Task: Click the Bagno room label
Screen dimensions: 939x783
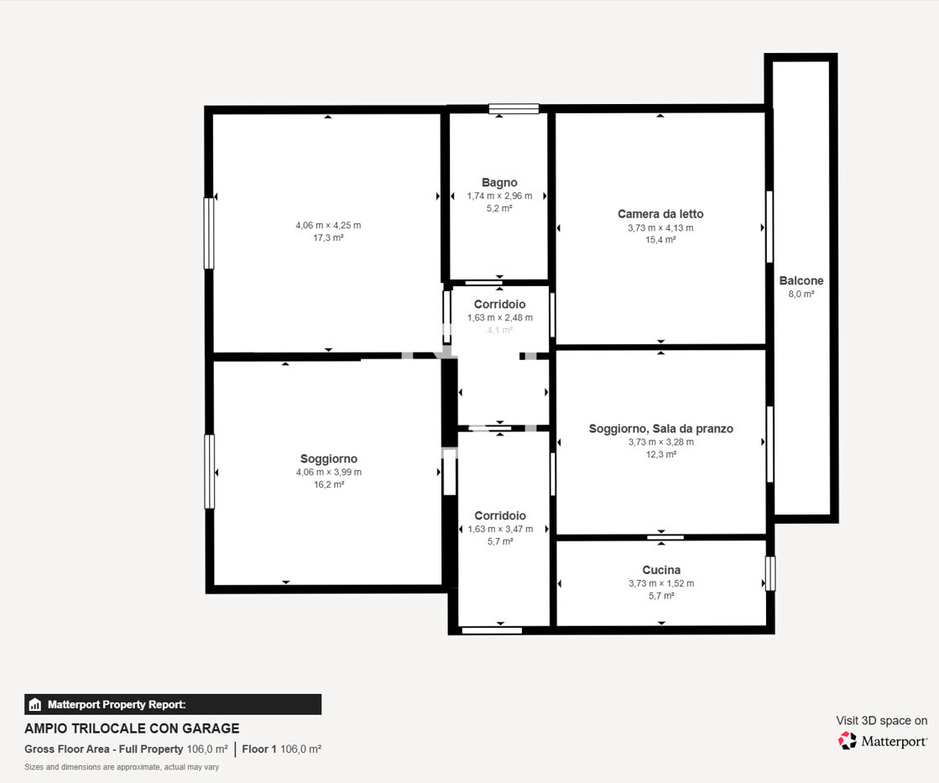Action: tap(499, 183)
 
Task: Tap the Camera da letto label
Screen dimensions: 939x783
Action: tap(660, 214)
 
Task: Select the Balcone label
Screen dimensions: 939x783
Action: tap(801, 280)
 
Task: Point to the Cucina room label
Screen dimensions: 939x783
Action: tap(661, 570)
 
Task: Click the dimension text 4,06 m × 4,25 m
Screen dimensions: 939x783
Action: tap(328, 225)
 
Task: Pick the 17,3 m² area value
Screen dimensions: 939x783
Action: tap(328, 238)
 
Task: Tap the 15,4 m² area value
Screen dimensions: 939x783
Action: tap(660, 240)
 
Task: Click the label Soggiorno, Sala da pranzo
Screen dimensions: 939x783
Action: tap(661, 428)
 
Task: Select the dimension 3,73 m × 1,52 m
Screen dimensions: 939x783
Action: tap(661, 583)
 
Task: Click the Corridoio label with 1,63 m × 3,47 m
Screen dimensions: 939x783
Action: tap(500, 516)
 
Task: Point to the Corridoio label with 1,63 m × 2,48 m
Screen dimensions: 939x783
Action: tap(500, 305)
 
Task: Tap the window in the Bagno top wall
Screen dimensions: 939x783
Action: tap(514, 109)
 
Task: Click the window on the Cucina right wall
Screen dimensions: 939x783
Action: tap(770, 573)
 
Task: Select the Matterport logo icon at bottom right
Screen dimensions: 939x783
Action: tap(848, 740)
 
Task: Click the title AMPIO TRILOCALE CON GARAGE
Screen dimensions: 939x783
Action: tap(132, 728)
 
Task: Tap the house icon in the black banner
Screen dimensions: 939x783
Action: tap(34, 704)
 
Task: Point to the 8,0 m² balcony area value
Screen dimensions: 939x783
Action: tap(801, 294)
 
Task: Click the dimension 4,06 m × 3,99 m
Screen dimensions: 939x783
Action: tap(329, 472)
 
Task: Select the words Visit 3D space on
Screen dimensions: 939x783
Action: tap(881, 721)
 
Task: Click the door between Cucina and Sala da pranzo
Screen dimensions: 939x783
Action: tap(665, 537)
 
